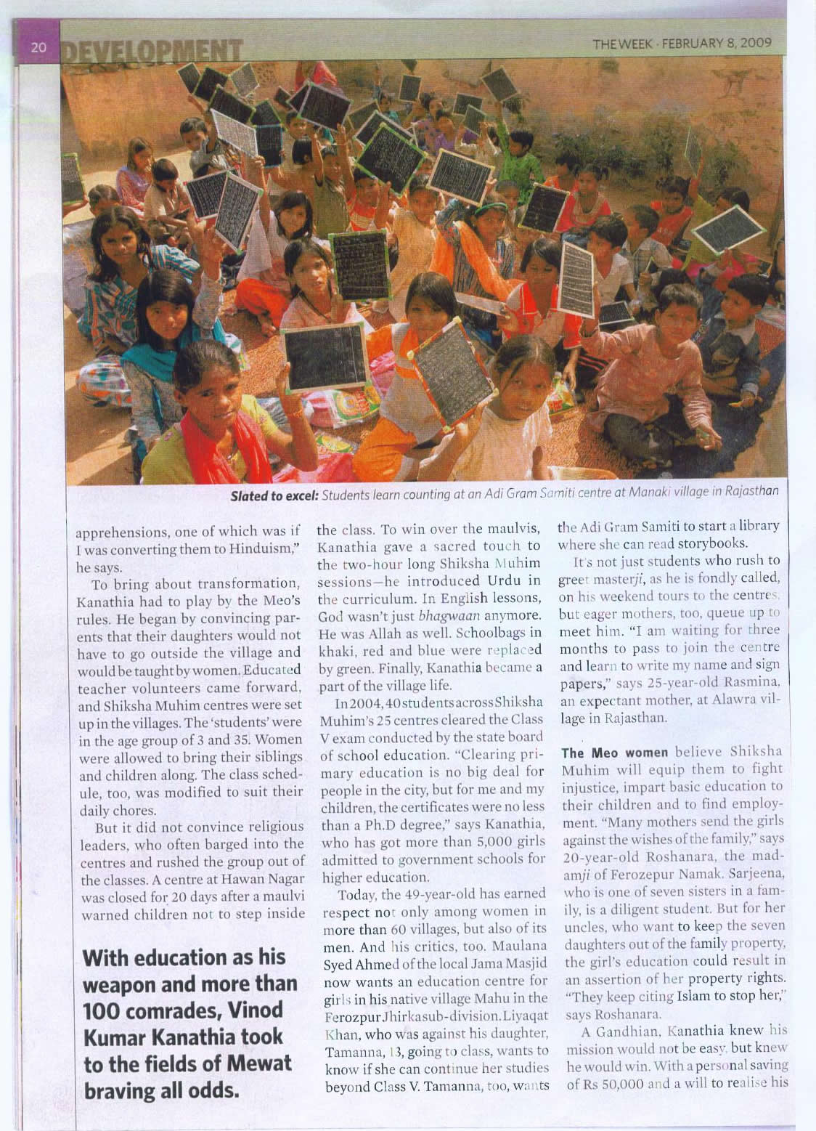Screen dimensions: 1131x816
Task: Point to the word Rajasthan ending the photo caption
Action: (x=754, y=491)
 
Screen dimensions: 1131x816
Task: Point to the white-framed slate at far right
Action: (x=727, y=230)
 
